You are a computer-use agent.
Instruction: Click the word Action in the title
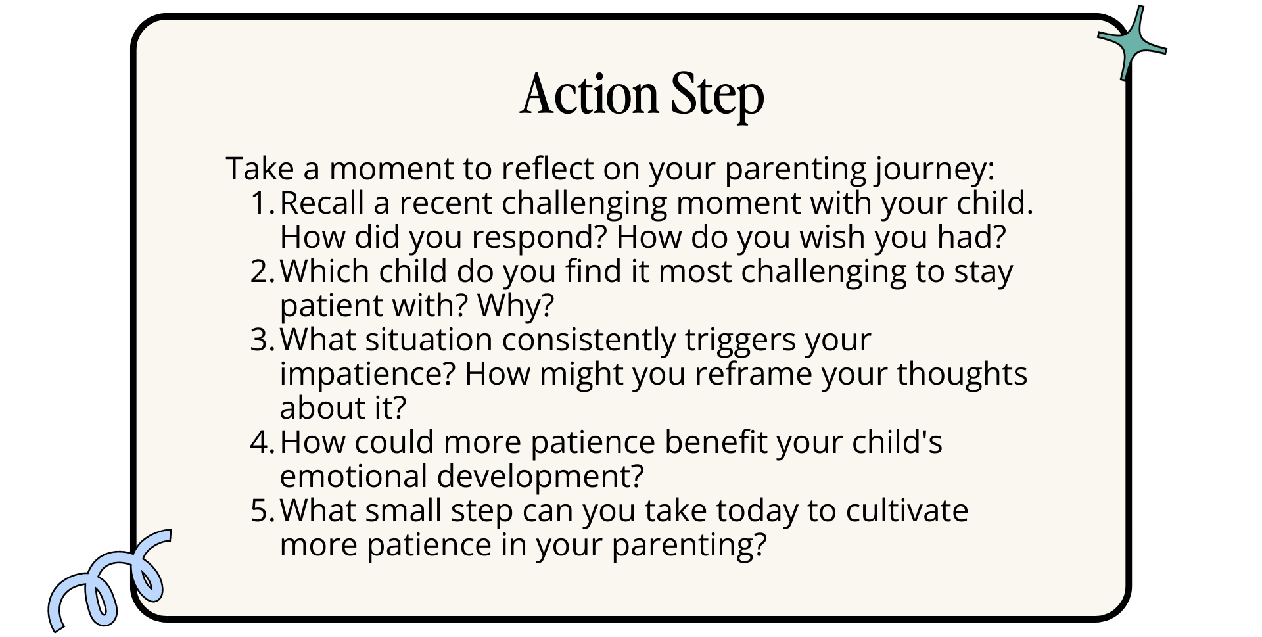pyautogui.click(x=589, y=94)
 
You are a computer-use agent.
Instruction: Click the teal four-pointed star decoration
pyautogui.click(x=1132, y=43)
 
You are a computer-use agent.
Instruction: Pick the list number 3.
pyautogui.click(x=262, y=340)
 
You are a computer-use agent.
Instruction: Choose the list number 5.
pyautogui.click(x=262, y=511)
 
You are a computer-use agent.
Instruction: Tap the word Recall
pyautogui.click(x=322, y=203)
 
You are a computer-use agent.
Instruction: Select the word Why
pyautogui.click(x=515, y=306)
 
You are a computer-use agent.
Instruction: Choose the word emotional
pyautogui.click(x=354, y=477)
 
